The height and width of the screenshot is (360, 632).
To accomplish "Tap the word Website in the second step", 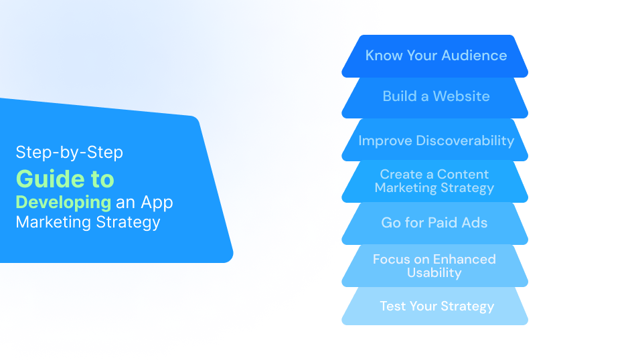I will [x=461, y=96].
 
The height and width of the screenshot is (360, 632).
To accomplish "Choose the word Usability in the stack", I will [x=434, y=272].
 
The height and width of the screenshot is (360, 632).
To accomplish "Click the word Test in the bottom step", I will [x=392, y=306].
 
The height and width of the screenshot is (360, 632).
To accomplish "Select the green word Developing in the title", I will [x=64, y=202].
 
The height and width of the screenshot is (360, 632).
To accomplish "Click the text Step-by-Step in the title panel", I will [x=70, y=153].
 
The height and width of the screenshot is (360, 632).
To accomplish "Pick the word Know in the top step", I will [x=383, y=56].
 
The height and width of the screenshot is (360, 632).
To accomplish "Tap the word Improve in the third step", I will [x=385, y=141].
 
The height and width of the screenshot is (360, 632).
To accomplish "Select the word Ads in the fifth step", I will [x=473, y=222].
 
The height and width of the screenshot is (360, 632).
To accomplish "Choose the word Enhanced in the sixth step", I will [x=464, y=260].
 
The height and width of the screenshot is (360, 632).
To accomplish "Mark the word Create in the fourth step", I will [x=400, y=175].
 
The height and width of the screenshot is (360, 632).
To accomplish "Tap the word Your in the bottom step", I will [x=422, y=306].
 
